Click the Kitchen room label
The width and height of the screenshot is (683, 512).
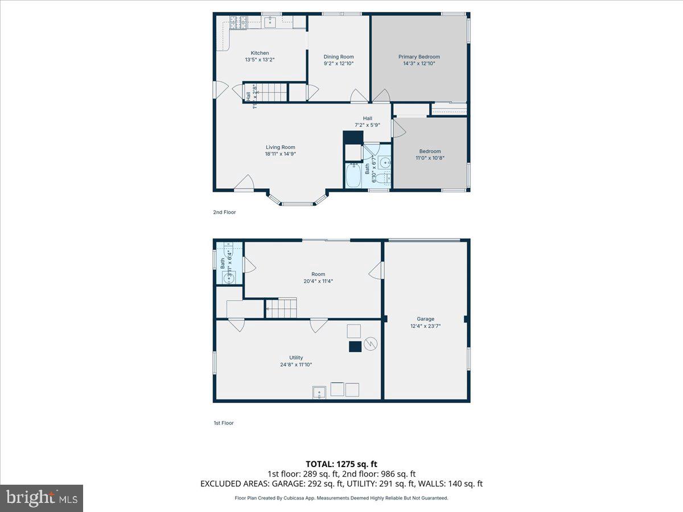pos(260,53)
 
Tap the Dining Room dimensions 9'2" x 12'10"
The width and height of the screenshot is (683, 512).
pos(339,64)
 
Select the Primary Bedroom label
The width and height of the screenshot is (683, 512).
pos(419,57)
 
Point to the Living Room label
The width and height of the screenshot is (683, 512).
pos(280,147)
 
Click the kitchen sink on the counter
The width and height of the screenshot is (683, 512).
pos(271,22)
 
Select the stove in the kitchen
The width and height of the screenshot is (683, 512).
pos(238,23)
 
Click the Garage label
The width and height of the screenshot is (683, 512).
pos(426,319)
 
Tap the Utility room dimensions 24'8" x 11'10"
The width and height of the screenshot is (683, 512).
pos(296,365)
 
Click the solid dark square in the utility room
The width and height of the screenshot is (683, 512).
pos(355,346)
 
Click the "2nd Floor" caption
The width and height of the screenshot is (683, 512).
pos(224,212)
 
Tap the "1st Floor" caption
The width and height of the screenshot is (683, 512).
pos(223,423)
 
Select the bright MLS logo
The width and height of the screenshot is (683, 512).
pos(42,498)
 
